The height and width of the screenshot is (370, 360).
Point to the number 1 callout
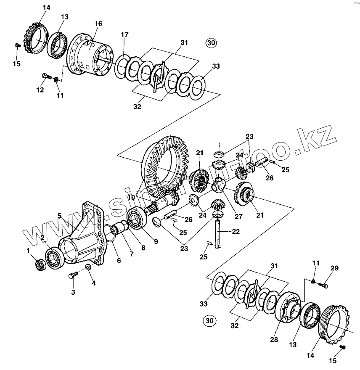coord(29,251)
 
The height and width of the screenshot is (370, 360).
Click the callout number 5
coord(60,216)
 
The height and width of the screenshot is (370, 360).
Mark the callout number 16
coord(98,24)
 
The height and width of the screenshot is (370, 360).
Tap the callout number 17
coord(124,34)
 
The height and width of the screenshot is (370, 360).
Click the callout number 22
coord(236,231)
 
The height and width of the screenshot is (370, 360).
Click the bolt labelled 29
coord(323,285)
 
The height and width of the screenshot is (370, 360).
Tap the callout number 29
coord(334,268)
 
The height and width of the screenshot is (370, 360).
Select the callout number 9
coord(156,241)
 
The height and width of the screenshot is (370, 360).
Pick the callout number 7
coord(131,254)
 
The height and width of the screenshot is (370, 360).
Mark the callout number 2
coord(43,238)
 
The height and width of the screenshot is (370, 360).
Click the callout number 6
coord(119,261)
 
